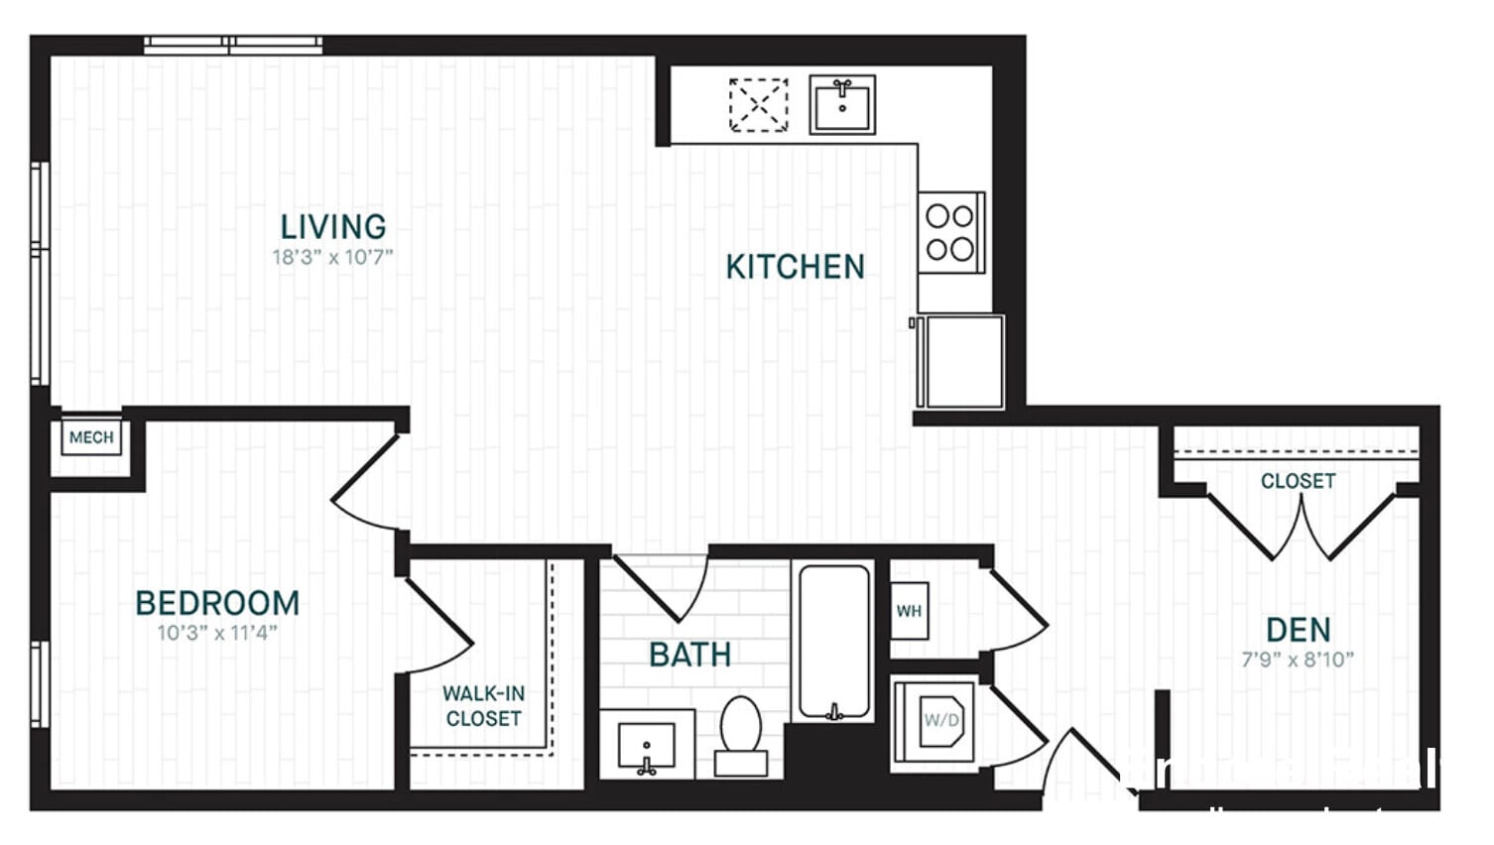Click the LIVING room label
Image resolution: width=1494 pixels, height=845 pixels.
click(x=333, y=227)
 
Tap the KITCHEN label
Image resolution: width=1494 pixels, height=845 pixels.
click(x=795, y=267)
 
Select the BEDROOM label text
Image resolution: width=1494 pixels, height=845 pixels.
click(x=217, y=603)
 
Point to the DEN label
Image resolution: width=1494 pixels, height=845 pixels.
click(x=1298, y=630)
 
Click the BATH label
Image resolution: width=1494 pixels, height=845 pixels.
click(x=690, y=655)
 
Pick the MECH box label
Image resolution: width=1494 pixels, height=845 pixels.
click(x=91, y=437)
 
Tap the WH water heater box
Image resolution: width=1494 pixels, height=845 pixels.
click(x=909, y=611)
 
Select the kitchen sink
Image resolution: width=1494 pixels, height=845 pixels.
click(x=842, y=104)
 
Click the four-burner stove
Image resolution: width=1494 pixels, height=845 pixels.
click(x=950, y=232)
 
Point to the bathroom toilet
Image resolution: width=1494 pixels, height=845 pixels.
click(x=740, y=735)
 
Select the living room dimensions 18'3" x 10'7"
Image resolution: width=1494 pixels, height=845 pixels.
click(x=333, y=258)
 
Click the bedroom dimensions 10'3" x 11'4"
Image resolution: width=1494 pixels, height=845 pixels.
click(x=217, y=633)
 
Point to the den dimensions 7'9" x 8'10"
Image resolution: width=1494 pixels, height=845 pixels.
click(x=1298, y=660)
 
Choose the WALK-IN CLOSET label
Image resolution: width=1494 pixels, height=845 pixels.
click(x=483, y=706)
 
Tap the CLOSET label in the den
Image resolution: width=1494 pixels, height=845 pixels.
click(x=1298, y=481)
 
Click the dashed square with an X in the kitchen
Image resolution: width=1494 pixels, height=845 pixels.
click(x=759, y=104)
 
